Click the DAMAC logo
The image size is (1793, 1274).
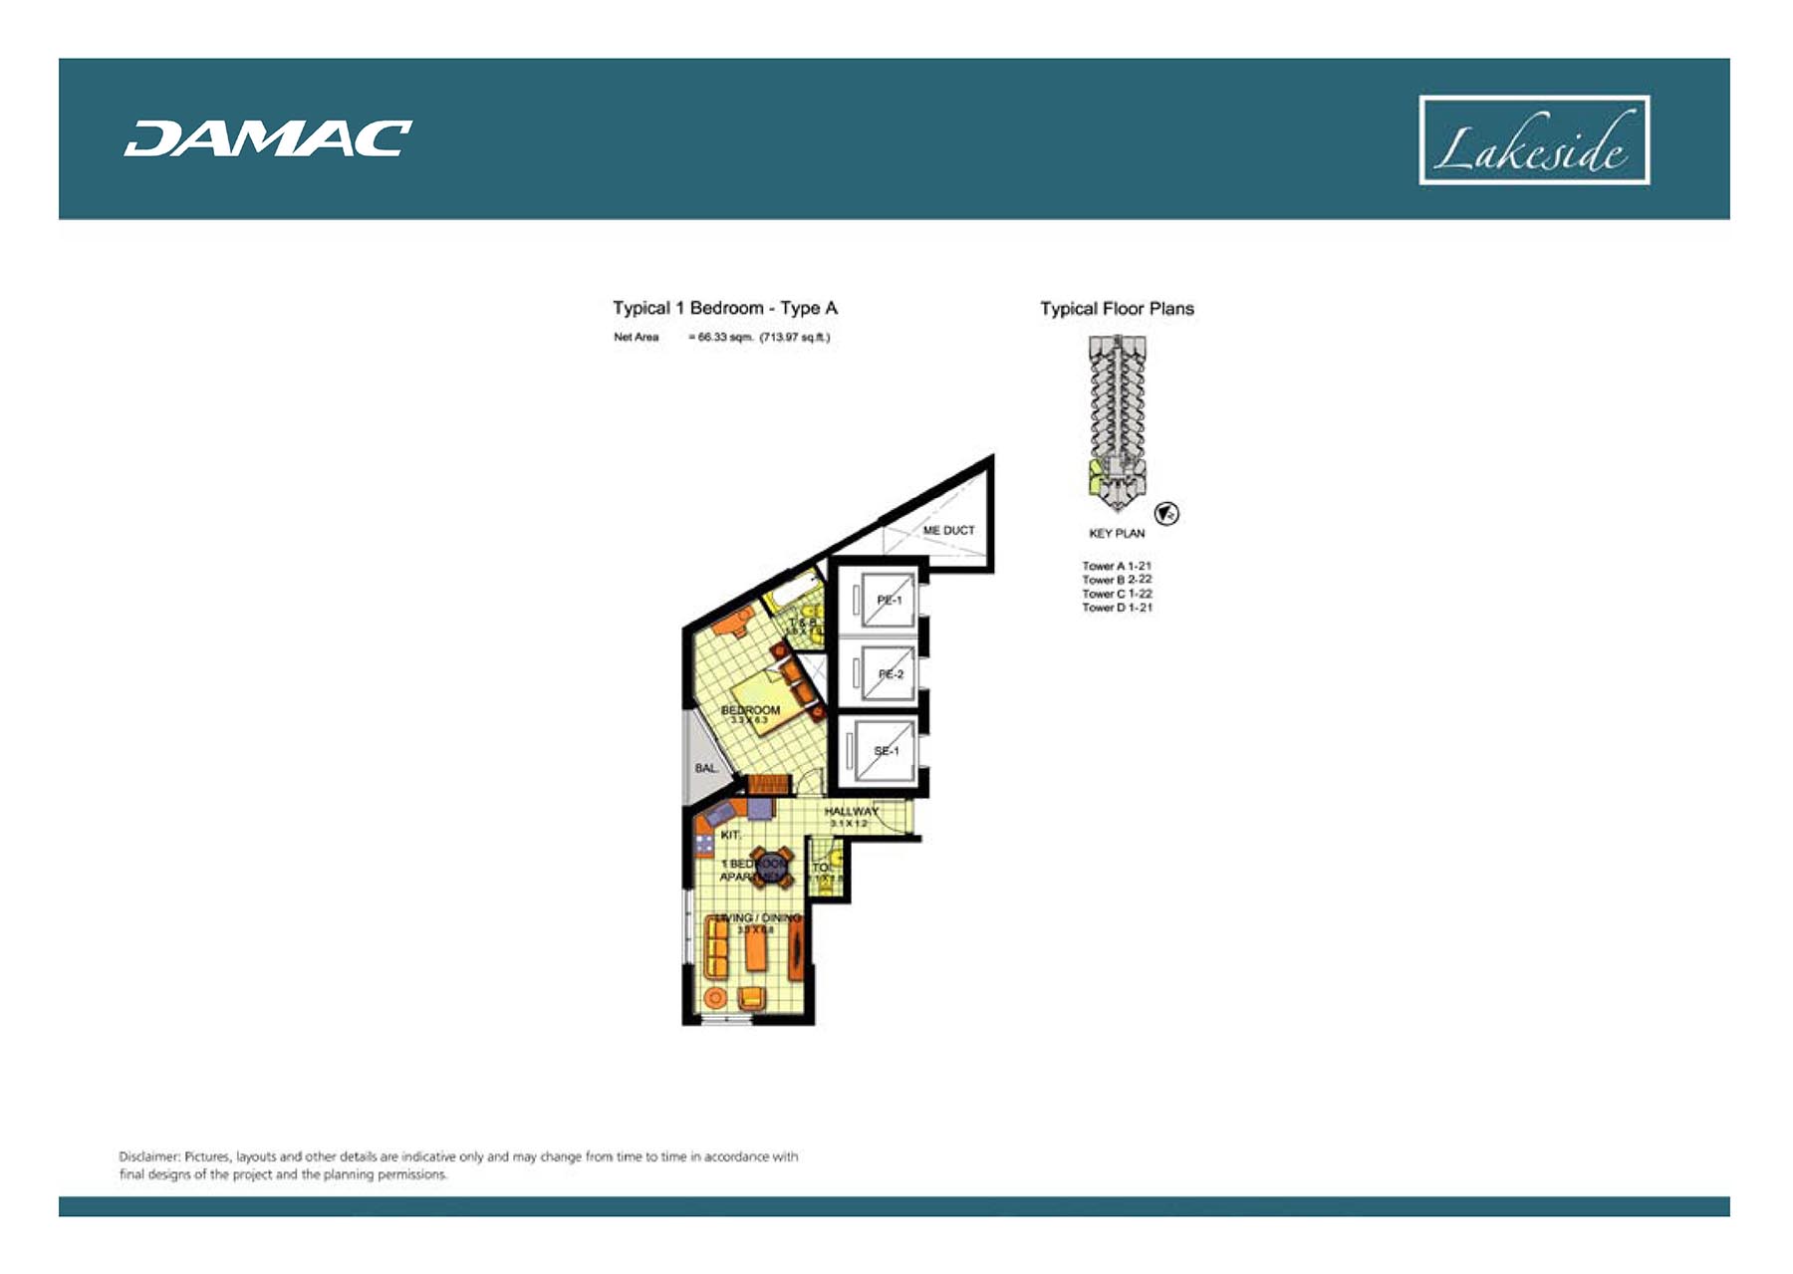point(268,138)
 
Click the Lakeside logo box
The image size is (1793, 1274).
point(1533,140)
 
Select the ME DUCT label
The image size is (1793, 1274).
point(947,530)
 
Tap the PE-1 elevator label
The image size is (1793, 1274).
point(889,600)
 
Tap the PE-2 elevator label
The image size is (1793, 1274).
point(890,674)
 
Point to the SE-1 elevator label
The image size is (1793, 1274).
point(886,751)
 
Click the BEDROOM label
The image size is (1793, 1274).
point(750,710)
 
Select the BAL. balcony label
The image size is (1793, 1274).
point(705,768)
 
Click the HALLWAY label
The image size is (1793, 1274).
point(851,812)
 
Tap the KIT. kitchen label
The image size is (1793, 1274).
point(730,835)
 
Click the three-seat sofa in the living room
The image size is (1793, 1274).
point(716,947)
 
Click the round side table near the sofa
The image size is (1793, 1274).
point(714,997)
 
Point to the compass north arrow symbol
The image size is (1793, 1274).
point(1166,514)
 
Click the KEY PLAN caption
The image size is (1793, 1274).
point(1116,533)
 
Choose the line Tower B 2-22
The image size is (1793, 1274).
point(1117,580)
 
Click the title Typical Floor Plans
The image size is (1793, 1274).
point(1117,309)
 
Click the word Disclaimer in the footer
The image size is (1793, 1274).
point(148,1156)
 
